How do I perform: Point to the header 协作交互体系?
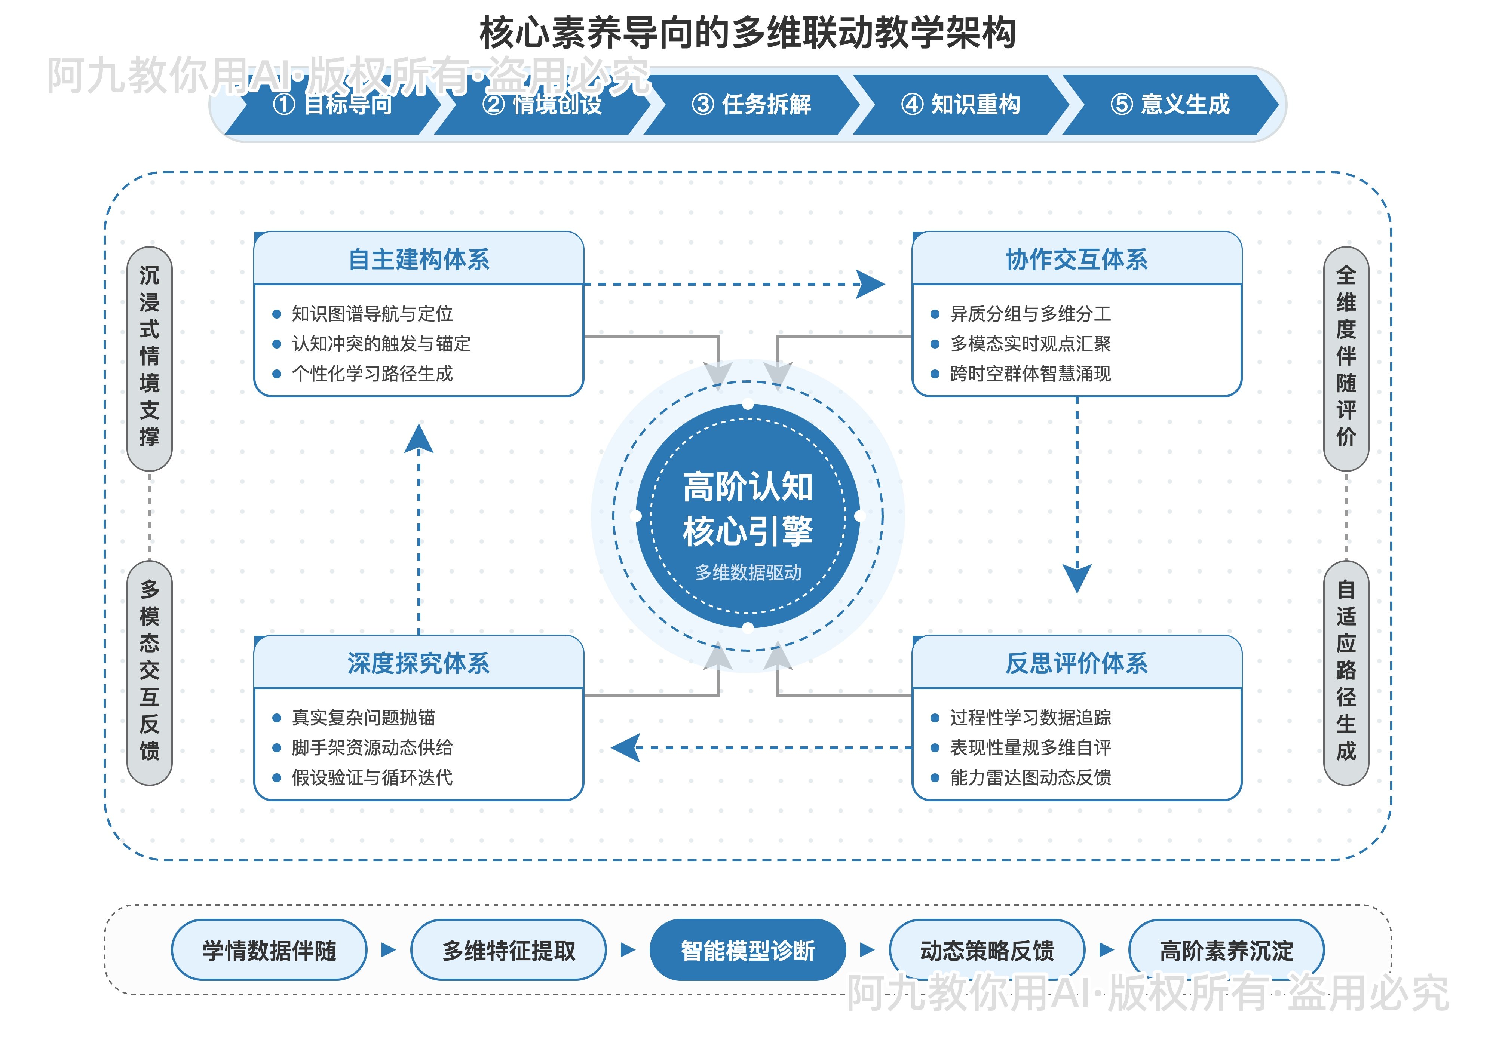coord(1076,259)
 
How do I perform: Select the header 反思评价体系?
coord(1076,663)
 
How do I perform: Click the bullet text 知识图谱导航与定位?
coord(372,314)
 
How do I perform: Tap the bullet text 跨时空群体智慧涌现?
coord(1030,374)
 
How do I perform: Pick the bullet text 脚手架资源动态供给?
coord(372,747)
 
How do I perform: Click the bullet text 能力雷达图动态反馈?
coord(1030,777)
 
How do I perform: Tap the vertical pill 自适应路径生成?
coord(1346,672)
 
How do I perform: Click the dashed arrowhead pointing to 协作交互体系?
coord(871,284)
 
